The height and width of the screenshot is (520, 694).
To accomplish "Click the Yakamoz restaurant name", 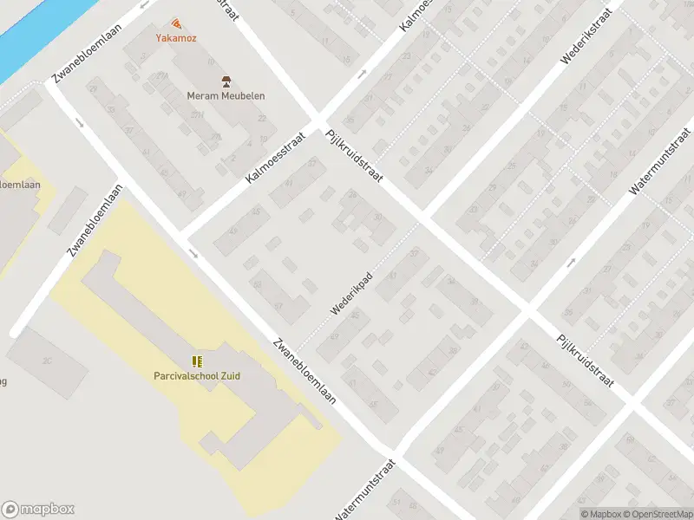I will click(176, 38).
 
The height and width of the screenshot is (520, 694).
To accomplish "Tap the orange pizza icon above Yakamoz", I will click(177, 23).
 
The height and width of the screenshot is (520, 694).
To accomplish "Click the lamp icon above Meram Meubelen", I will click(226, 81).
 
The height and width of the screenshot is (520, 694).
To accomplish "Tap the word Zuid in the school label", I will click(230, 376).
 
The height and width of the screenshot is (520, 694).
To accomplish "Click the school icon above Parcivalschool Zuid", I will click(198, 361).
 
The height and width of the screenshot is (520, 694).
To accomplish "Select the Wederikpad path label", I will click(351, 293).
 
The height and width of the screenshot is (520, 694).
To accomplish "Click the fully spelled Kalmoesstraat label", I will click(277, 157).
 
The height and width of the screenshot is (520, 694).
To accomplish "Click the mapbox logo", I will click(38, 510).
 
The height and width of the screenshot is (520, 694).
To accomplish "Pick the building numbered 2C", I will click(47, 361).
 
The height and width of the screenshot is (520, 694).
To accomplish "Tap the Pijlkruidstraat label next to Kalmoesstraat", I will click(354, 156).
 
